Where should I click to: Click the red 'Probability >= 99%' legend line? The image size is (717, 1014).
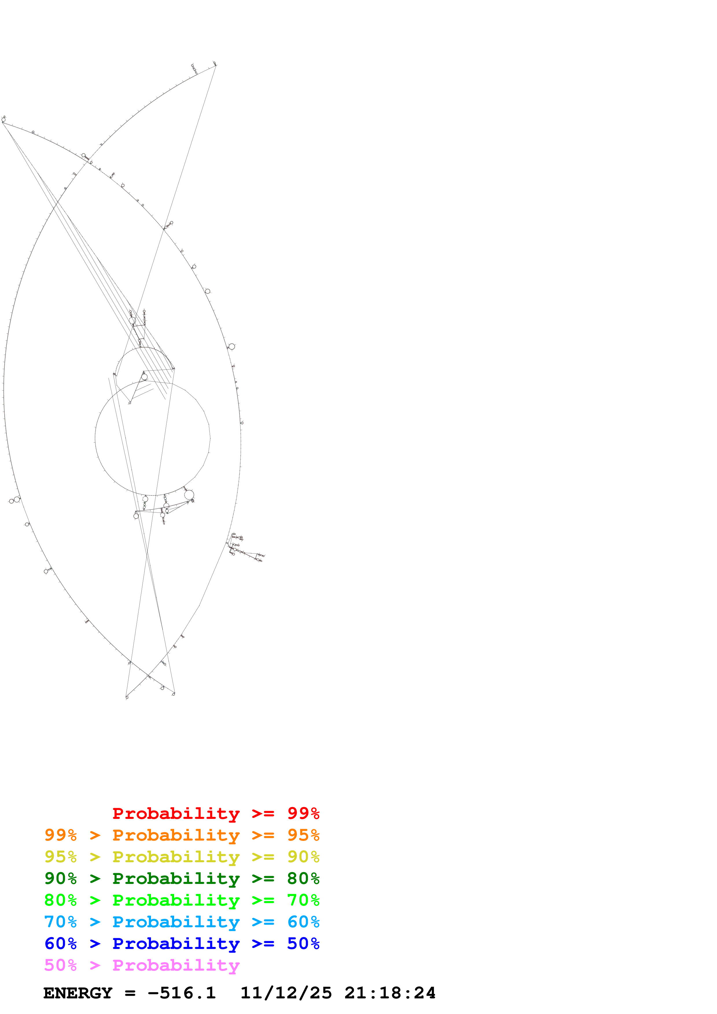point(215,813)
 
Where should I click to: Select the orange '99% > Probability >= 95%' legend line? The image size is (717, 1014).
point(182,835)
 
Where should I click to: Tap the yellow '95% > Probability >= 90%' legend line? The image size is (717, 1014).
point(182,857)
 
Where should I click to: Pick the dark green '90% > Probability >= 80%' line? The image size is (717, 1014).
point(182,878)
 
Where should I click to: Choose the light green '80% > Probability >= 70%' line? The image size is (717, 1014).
point(182,900)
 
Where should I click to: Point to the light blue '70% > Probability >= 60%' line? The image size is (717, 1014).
point(182,922)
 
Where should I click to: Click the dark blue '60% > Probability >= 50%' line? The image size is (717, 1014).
point(182,943)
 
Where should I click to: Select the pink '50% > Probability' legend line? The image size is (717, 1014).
point(142,965)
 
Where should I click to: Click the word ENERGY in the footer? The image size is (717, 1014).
point(78,993)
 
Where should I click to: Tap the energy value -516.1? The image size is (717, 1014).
point(182,993)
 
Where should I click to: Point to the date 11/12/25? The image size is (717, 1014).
point(286,993)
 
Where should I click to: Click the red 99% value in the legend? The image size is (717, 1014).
point(303,813)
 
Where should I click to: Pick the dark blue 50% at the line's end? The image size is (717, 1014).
point(303,943)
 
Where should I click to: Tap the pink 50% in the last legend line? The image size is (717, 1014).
point(60,965)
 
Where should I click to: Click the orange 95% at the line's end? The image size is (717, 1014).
point(303,835)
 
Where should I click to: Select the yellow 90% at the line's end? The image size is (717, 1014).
point(303,857)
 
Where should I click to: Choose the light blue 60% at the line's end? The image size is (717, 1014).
point(303,922)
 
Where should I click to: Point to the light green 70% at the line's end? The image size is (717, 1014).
point(303,900)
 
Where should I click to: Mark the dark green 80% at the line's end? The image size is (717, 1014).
point(303,878)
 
